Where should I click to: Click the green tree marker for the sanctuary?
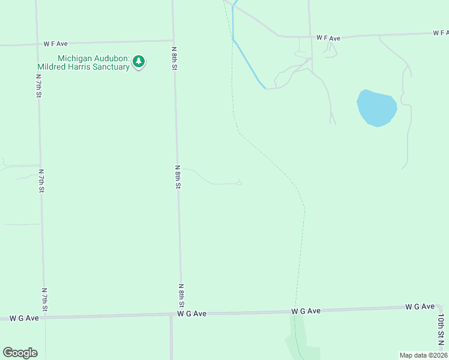(x=139, y=61)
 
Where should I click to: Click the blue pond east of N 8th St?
(x=376, y=108)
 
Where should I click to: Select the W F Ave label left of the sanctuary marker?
(x=55, y=44)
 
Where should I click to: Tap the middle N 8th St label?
(x=178, y=177)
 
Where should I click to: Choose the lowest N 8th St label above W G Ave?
(x=181, y=296)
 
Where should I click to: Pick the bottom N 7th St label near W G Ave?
(x=44, y=299)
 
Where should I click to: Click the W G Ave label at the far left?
(x=24, y=318)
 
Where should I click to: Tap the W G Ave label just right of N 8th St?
(x=192, y=313)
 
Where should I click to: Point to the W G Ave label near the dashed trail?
(x=306, y=311)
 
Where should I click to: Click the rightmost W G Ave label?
(x=420, y=307)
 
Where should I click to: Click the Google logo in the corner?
(x=20, y=353)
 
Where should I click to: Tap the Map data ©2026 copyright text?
(x=423, y=355)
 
